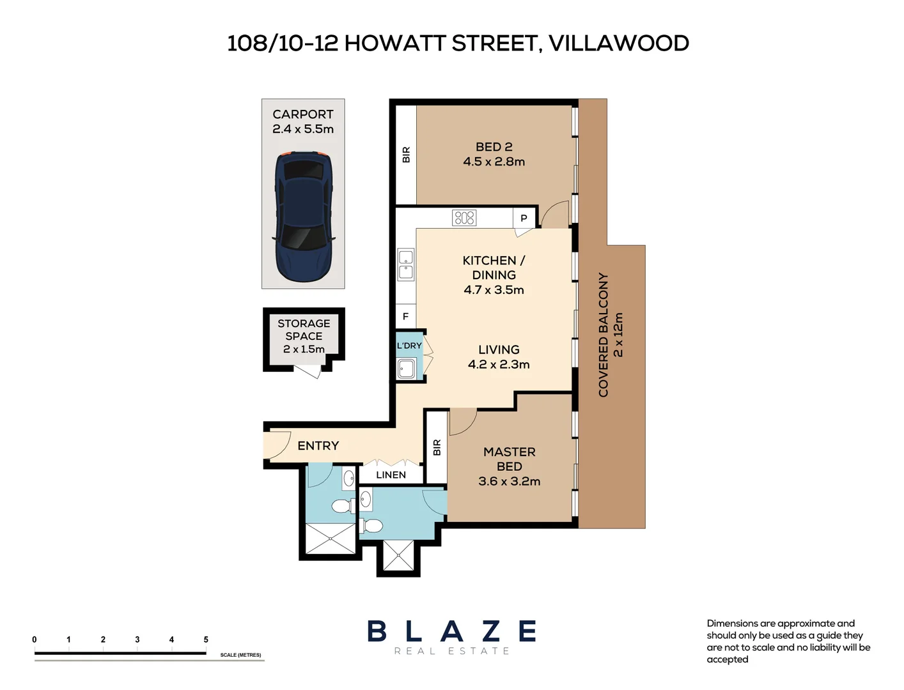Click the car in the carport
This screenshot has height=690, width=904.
pyautogui.click(x=303, y=217)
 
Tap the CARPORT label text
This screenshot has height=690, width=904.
pyautogui.click(x=303, y=114)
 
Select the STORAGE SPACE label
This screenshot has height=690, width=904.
pyautogui.click(x=304, y=330)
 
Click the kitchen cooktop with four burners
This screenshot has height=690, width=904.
pyautogui.click(x=464, y=218)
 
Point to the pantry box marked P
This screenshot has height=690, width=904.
pyautogui.click(x=524, y=218)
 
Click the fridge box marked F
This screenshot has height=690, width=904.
pyautogui.click(x=405, y=316)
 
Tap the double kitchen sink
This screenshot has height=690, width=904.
pyautogui.click(x=406, y=265)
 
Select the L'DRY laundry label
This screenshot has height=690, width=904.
pyautogui.click(x=409, y=346)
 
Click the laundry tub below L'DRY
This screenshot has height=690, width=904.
pyautogui.click(x=406, y=369)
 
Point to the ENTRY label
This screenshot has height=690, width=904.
pyautogui.click(x=318, y=446)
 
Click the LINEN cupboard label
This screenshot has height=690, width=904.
pyautogui.click(x=391, y=475)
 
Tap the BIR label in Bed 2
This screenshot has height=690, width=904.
pyautogui.click(x=406, y=155)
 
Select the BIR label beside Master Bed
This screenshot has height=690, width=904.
pyautogui.click(x=437, y=447)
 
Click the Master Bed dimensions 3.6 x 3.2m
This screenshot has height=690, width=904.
pyautogui.click(x=509, y=481)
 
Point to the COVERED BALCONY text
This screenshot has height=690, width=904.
pyautogui.click(x=603, y=335)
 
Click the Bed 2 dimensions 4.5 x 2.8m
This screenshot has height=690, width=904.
pyautogui.click(x=494, y=162)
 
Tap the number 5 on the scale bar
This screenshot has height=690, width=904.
pyautogui.click(x=206, y=640)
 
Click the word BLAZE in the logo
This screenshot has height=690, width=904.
pyautogui.click(x=451, y=631)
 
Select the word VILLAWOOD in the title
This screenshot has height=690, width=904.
pyautogui.click(x=618, y=43)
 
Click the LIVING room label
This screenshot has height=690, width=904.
pyautogui.click(x=499, y=349)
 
